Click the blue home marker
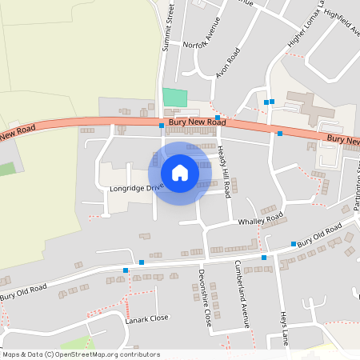(x=180, y=173)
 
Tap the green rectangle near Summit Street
(x=174, y=97)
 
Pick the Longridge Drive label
(x=136, y=189)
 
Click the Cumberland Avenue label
(x=240, y=294)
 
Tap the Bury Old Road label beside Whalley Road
(x=318, y=234)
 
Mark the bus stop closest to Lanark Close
(x=126, y=270)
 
